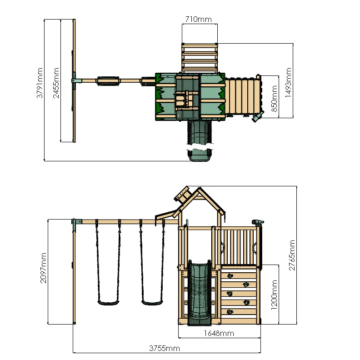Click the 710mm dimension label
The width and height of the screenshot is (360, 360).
point(199,19)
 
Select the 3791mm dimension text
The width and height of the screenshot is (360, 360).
point(40,83)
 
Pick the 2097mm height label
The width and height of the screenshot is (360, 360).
point(44,268)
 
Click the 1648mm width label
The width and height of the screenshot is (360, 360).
point(219,334)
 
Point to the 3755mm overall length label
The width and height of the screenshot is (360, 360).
point(165,348)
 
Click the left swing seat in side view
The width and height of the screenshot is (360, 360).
point(107,302)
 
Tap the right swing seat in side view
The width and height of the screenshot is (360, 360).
point(152,302)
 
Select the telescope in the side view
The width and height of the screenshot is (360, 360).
point(257,222)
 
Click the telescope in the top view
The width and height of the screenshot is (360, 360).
point(257,117)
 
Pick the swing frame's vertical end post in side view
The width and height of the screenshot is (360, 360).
point(74,273)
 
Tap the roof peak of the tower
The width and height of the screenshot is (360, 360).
point(199,188)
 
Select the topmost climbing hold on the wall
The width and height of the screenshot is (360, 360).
point(230,275)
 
